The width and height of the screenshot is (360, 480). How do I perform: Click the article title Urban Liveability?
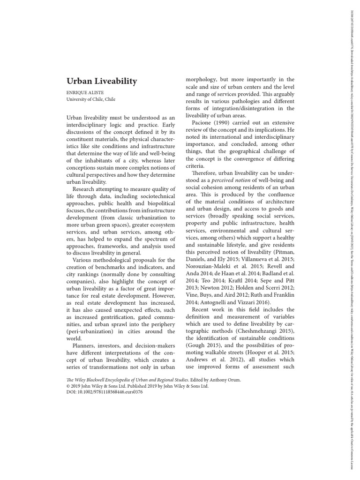click(x=102, y=82)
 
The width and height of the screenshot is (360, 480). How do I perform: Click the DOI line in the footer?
click(x=105, y=392)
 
